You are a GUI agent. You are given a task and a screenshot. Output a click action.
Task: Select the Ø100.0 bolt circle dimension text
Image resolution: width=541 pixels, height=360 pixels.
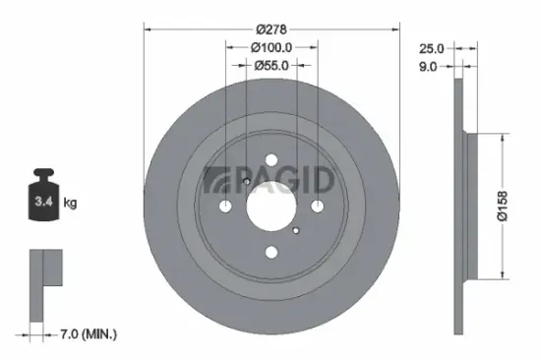[x=271, y=47]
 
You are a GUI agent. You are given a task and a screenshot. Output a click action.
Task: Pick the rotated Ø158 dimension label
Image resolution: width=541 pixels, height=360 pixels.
[x=503, y=204]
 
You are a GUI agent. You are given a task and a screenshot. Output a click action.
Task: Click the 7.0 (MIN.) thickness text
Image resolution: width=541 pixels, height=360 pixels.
[x=88, y=334]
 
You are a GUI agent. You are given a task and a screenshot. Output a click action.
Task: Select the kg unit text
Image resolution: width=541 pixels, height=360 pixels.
[x=71, y=204]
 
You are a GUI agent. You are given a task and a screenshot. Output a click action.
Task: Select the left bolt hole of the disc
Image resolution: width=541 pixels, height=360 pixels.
[x=225, y=207]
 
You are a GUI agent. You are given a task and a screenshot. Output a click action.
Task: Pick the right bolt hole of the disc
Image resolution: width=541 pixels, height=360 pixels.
[x=317, y=207]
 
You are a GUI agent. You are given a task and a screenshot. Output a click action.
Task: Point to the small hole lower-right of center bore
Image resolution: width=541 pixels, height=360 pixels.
[x=295, y=230]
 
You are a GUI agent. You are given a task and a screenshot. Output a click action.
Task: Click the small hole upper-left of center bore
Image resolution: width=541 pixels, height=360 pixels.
[x=247, y=182]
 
